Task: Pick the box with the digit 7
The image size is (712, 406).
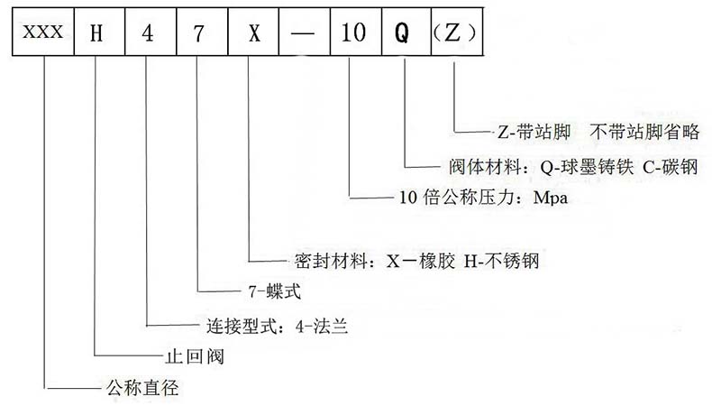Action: tap(196, 33)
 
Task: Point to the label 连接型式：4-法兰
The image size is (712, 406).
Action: tap(271, 325)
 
